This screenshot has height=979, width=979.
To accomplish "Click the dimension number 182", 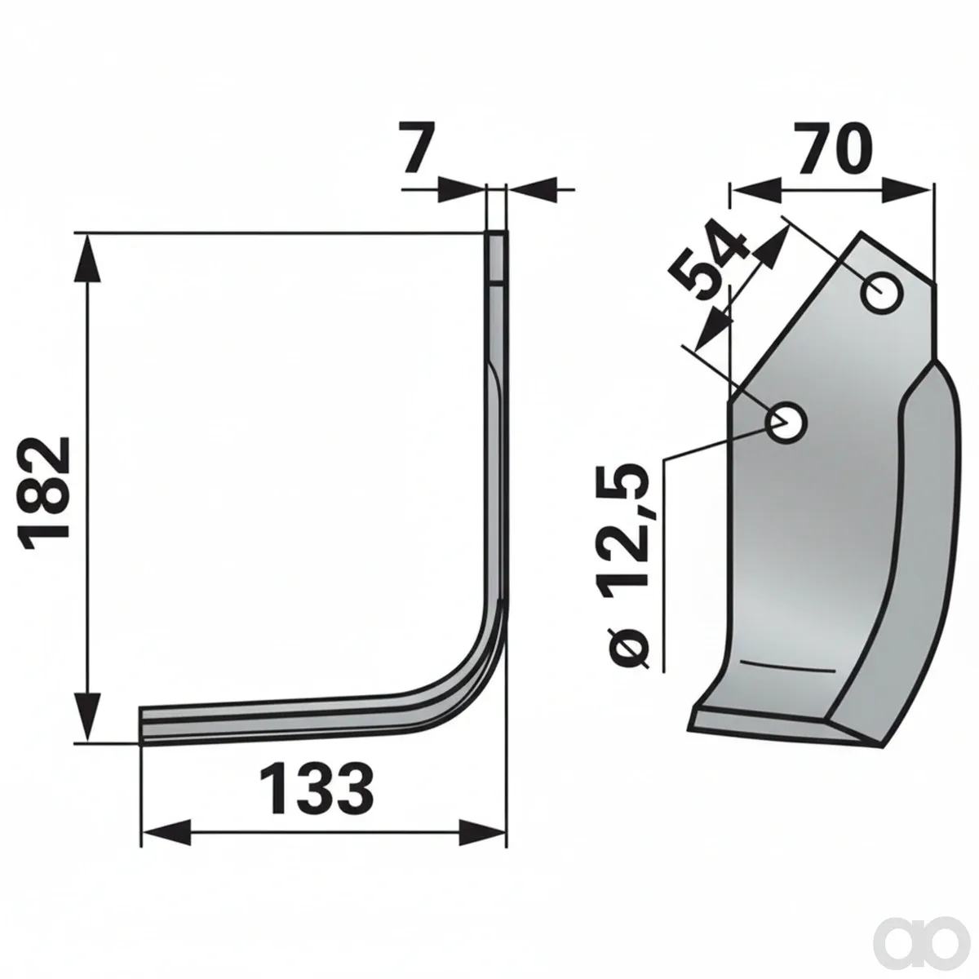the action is pyautogui.click(x=44, y=494).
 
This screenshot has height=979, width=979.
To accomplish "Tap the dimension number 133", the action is pyautogui.click(x=316, y=788).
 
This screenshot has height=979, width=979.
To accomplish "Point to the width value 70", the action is pyautogui.click(x=833, y=148).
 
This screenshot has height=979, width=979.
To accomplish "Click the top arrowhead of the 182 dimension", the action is pyautogui.click(x=88, y=259).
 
